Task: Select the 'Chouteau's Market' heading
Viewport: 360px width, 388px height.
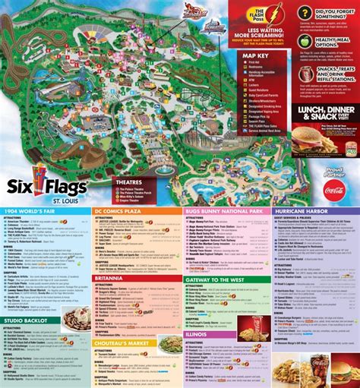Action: tap(131, 344)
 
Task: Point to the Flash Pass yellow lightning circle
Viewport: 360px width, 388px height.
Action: tap(257, 16)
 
